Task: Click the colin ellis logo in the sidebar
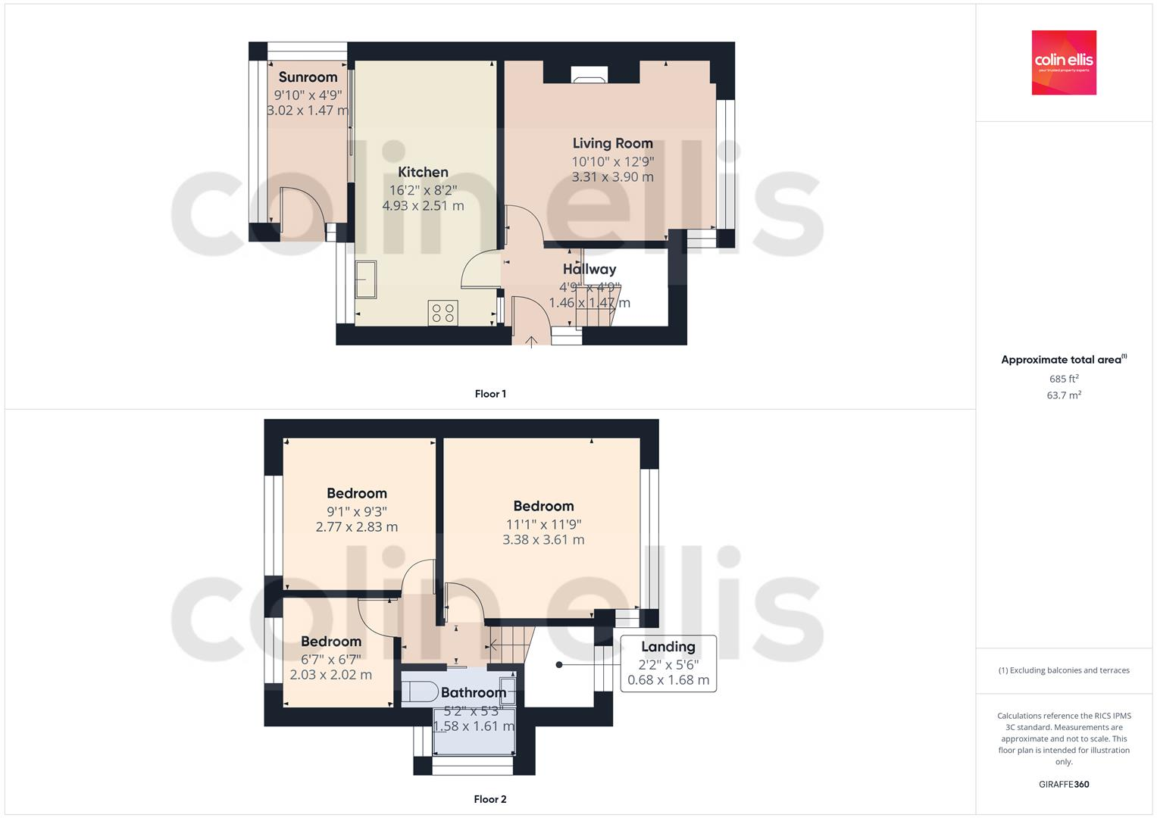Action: point(1063,62)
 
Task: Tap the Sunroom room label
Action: point(308,77)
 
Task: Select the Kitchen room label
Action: point(423,173)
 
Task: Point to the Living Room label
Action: point(612,143)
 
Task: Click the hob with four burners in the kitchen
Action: point(442,313)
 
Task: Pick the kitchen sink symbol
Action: point(365,280)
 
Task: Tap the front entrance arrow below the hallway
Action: point(532,341)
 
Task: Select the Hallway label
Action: point(589,269)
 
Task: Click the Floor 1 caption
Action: point(490,394)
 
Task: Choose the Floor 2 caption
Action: point(490,799)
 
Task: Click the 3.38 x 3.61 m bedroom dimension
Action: point(543,540)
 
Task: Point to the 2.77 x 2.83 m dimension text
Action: point(356,527)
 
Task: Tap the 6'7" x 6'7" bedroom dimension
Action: point(330,659)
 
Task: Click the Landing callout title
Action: point(668,647)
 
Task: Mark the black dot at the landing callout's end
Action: point(559,665)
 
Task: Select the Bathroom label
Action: point(473,692)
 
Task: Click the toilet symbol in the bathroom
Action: point(419,691)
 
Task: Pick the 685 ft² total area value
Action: point(1063,379)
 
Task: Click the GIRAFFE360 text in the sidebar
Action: point(1063,785)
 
